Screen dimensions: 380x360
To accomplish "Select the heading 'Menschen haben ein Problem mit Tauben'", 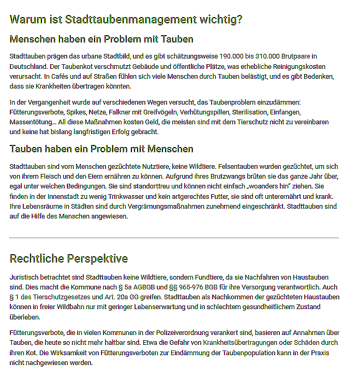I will (x=101, y=39).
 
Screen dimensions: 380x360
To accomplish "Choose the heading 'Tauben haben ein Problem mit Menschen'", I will (x=101, y=149).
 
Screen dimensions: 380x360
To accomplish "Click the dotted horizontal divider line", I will (x=174, y=238).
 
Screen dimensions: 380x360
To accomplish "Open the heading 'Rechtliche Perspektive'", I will (x=69, y=258).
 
